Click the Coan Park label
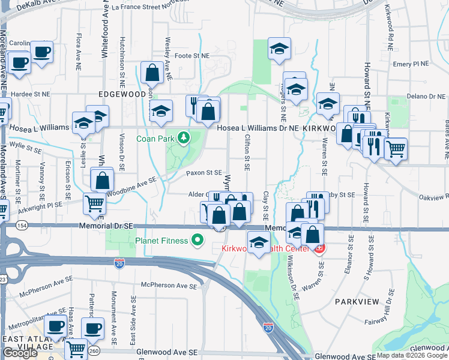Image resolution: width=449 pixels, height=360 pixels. [x=160, y=138]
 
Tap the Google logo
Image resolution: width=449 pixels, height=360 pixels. [x=20, y=353]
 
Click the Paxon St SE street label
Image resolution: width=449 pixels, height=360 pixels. [x=204, y=172]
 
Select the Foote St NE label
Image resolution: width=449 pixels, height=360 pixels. [x=191, y=55]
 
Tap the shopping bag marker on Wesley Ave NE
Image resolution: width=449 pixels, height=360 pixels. [x=153, y=73]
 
